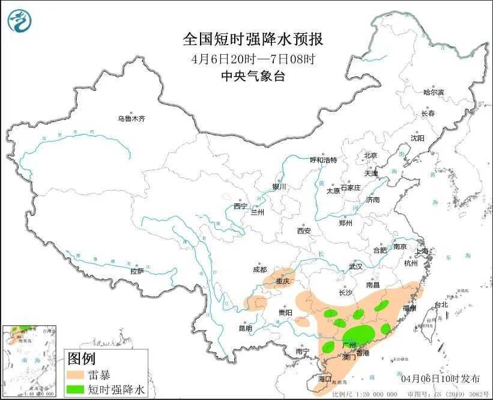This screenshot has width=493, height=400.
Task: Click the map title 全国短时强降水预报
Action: pos(252,40)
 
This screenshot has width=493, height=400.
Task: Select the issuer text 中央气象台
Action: pos(252,76)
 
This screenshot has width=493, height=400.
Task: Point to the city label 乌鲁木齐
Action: pos(131,118)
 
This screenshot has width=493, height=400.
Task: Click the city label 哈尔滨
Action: pos(433,92)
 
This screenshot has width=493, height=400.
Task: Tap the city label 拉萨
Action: pos(137,271)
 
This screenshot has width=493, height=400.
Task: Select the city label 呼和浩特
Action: pos(323,161)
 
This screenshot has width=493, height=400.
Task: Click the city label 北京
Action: pos(370,156)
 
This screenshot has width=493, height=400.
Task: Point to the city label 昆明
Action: pos(246,328)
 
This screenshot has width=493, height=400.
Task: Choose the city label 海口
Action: pos(325,379)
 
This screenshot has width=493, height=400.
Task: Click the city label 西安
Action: pos(303,230)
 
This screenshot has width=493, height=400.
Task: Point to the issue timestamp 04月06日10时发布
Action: pos(440,378)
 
